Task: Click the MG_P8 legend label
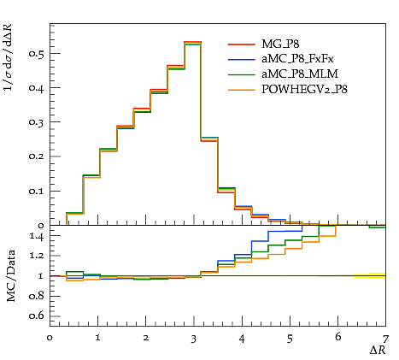tap(280, 44)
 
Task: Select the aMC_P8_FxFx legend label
tap(297, 59)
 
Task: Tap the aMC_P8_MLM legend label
tap(300, 74)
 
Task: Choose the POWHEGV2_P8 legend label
tap(304, 90)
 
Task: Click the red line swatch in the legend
tap(241, 44)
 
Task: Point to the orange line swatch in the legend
tap(241, 90)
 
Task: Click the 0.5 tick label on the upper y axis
tap(37, 53)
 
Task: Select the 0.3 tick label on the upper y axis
tap(37, 122)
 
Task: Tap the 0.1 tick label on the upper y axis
tap(37, 191)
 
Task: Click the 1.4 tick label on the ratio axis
tap(37, 236)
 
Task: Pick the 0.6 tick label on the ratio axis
tap(37, 316)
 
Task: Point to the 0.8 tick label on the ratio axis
tap(37, 296)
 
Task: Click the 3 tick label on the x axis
tap(194, 339)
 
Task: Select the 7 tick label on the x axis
tap(385, 339)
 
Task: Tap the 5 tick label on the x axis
tap(290, 339)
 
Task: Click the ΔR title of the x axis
tap(378, 350)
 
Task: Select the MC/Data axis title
tap(10, 275)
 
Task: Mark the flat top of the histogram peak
tap(193, 42)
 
